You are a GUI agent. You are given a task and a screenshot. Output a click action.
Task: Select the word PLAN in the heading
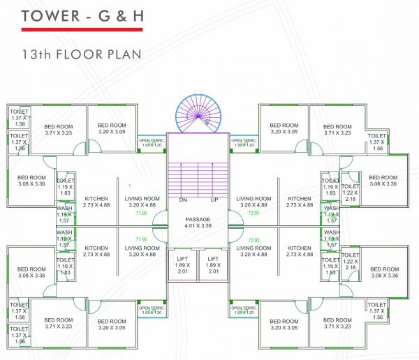[x=124, y=54]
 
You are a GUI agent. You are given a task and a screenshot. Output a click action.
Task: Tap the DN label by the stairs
[x=183, y=200]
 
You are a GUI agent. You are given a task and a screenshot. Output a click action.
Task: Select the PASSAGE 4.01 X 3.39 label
[x=198, y=223]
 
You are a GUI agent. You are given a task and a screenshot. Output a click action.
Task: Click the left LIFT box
[x=183, y=266]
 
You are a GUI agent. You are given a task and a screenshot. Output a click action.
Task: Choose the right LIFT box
[x=214, y=266]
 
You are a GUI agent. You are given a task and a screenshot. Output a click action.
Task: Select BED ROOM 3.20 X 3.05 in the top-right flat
[x=284, y=128]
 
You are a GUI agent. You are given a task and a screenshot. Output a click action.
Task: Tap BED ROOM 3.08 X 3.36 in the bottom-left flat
[x=31, y=273]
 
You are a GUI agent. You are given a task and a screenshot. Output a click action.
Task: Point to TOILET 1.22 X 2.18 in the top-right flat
[x=351, y=193]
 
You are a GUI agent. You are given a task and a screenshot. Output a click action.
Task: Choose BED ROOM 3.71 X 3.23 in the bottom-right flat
[x=337, y=323]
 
